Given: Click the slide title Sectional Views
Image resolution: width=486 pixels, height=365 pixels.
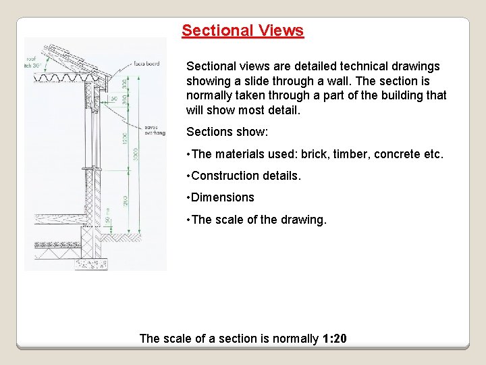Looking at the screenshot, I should (242, 30).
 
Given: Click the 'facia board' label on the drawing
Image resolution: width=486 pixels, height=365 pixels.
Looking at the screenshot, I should (146, 64).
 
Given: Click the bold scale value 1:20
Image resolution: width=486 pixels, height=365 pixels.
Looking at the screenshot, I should (334, 338).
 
